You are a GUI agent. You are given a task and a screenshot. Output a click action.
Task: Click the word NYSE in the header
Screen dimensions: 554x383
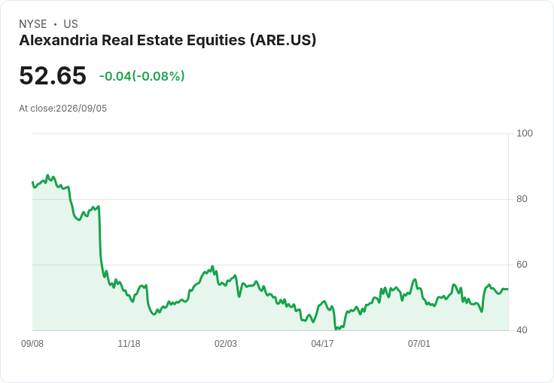point(33,24)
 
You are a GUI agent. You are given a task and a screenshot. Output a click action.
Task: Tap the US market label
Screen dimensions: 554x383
point(71,24)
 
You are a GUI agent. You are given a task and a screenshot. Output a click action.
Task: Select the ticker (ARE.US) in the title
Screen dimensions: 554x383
point(283,41)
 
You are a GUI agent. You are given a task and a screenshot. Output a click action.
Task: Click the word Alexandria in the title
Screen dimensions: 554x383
point(58,40)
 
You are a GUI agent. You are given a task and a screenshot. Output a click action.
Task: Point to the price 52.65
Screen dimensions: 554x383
point(53,75)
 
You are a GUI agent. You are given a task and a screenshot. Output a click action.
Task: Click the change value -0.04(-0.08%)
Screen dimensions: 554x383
point(142,76)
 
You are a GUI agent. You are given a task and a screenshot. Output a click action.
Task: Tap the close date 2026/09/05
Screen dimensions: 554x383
point(81,109)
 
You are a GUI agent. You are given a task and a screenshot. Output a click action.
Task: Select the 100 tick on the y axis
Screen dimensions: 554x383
point(525,133)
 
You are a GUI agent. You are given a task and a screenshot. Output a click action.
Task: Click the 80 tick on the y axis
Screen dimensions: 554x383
point(522,199)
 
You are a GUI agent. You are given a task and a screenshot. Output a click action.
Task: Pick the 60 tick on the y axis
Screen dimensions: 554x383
point(522,265)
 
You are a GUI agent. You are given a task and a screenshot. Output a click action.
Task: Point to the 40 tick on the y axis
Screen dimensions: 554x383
point(522,330)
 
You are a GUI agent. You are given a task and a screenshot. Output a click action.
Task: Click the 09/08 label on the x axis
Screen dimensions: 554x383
point(32,343)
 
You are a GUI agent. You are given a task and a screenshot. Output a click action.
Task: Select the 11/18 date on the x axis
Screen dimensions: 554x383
point(129,343)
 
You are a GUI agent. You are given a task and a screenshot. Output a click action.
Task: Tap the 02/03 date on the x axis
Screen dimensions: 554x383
point(226,343)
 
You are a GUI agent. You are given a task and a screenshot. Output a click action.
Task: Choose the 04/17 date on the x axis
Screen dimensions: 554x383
point(322,343)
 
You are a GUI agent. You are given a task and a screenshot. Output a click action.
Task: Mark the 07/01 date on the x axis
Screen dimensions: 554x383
point(419,343)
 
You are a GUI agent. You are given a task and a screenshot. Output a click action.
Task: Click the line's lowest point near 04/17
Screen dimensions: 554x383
point(336,329)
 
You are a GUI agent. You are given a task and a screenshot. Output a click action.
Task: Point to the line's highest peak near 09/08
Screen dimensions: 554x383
point(48,175)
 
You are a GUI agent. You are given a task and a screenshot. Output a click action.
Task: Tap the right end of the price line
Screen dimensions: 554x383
point(508,290)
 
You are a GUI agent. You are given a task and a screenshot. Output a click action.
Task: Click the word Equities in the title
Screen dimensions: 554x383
point(216,41)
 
